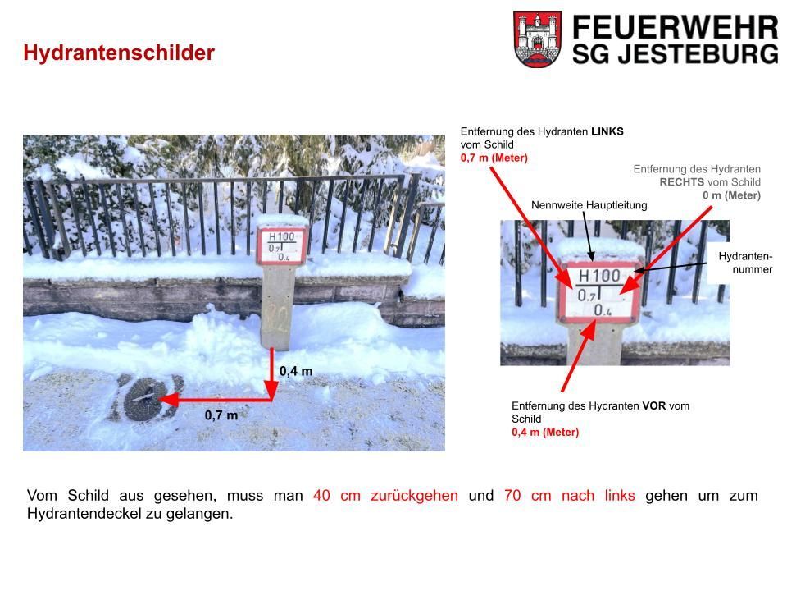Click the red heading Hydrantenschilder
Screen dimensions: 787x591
click(x=119, y=53)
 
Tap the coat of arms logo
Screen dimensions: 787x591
click(x=537, y=39)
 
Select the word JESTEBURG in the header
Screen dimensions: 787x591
click(x=698, y=53)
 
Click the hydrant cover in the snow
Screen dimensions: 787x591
click(x=143, y=399)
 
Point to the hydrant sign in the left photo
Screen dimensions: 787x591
click(x=281, y=245)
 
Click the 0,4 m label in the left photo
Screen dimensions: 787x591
click(x=296, y=371)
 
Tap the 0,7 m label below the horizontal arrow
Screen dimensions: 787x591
click(x=221, y=415)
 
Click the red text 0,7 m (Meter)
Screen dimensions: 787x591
click(x=494, y=158)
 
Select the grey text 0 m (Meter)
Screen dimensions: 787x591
click(x=731, y=195)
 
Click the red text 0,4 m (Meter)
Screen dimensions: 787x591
click(x=545, y=433)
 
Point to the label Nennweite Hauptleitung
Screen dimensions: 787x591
click(x=589, y=205)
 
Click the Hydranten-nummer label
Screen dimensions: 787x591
click(x=745, y=263)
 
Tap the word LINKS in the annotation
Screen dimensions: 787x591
click(x=607, y=131)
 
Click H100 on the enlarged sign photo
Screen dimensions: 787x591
click(x=599, y=276)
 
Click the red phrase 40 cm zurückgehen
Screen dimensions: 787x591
click(x=385, y=496)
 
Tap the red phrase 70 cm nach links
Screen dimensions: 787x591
click(x=570, y=496)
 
